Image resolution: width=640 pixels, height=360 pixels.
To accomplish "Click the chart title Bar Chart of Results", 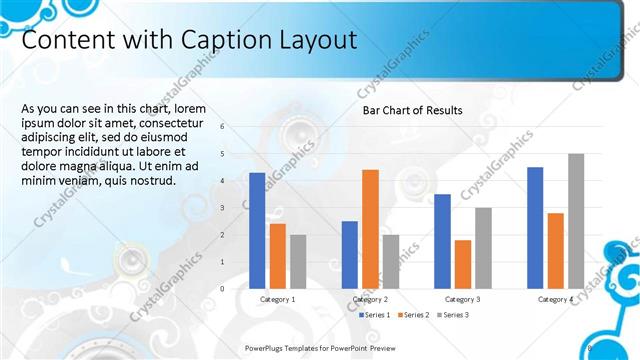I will coord(412,110).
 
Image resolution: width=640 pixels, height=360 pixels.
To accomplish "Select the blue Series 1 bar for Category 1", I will coord(257,230).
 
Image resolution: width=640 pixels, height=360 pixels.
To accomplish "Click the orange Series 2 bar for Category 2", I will coord(370,229).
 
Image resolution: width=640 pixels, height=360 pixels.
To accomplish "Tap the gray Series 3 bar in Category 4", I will coord(575,221).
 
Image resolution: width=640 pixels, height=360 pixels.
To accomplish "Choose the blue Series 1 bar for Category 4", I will coord(535,227).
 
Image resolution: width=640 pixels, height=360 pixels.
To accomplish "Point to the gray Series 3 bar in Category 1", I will coord(298,261).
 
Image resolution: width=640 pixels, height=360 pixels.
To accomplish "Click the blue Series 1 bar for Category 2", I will coord(349,254).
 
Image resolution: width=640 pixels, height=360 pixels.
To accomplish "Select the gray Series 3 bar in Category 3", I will coord(483,248).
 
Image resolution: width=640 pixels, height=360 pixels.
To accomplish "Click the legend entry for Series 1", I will coord(375,315).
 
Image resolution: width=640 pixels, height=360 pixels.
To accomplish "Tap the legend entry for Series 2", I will coord(413,315).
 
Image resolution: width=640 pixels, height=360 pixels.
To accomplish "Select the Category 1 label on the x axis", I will coord(277,299).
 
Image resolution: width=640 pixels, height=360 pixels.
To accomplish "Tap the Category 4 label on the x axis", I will coord(555,299).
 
